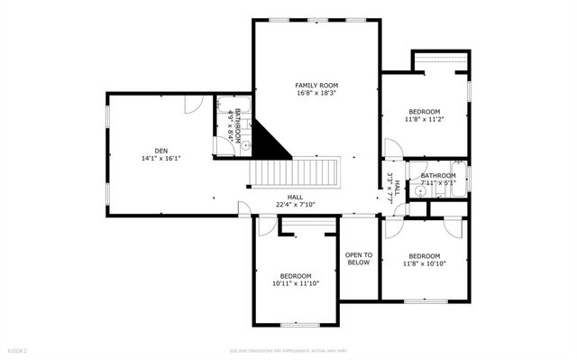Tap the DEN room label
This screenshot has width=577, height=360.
pyautogui.click(x=160, y=151)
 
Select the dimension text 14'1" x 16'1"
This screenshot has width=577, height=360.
pyautogui.click(x=160, y=159)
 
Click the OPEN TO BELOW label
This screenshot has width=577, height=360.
pyautogui.click(x=359, y=259)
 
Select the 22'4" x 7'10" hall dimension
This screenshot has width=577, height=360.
pyautogui.click(x=295, y=205)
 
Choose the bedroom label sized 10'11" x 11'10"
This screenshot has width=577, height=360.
pyautogui.click(x=295, y=276)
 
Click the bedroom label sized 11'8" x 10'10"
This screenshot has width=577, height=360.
pyautogui.click(x=423, y=255)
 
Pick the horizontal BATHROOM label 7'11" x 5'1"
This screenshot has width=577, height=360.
pyautogui.click(x=438, y=176)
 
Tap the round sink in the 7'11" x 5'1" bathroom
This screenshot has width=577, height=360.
pyautogui.click(x=421, y=191)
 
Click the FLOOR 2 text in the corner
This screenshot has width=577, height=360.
pyautogui.click(x=18, y=349)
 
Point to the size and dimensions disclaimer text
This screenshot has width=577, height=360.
pyautogui.click(x=288, y=350)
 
